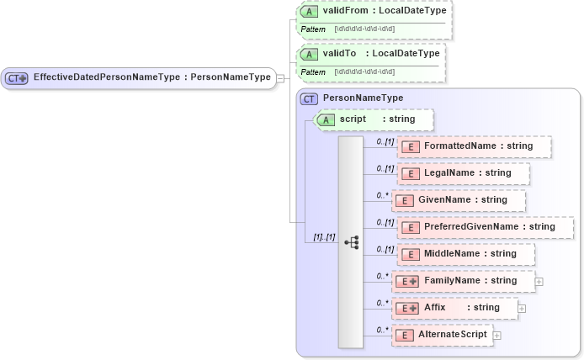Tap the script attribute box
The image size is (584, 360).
click(x=374, y=119)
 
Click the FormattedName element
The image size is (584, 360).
click(x=475, y=146)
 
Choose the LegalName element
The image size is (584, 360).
click(x=464, y=173)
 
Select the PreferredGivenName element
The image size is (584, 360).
click(x=485, y=227)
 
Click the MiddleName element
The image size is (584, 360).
click(x=465, y=253)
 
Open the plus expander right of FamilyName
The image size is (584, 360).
click(x=539, y=282)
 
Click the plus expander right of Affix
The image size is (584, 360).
click(x=522, y=309)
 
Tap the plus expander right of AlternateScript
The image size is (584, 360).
click(x=496, y=336)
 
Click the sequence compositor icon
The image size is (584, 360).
click(x=352, y=241)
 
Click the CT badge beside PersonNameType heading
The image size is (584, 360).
click(x=309, y=98)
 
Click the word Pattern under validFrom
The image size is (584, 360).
click(x=313, y=29)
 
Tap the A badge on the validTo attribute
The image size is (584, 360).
click(x=309, y=54)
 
